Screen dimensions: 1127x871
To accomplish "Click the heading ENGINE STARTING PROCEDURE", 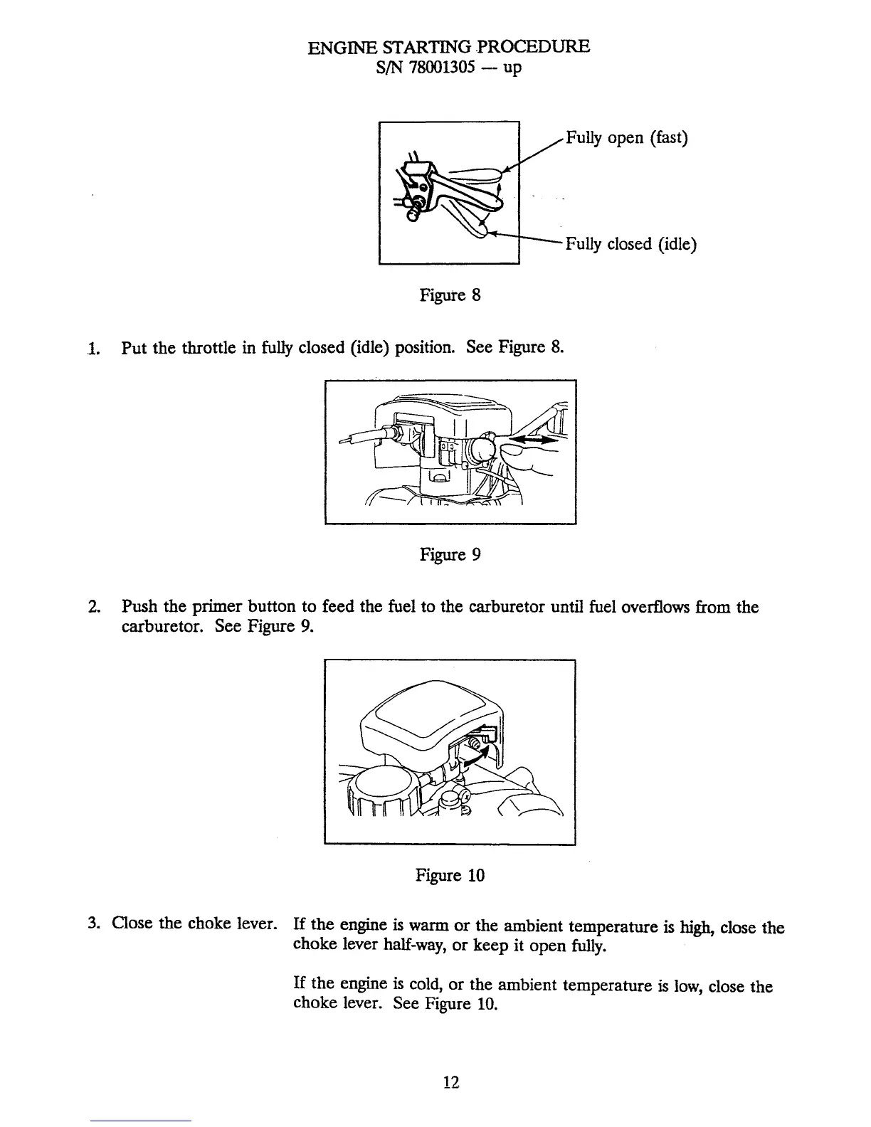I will [448, 48].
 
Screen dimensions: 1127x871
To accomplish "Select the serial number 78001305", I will [441, 68].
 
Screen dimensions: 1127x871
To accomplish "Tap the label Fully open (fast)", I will [626, 137].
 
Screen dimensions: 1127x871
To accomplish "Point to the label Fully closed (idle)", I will [630, 244].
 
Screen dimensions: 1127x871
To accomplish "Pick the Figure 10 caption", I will [450, 875].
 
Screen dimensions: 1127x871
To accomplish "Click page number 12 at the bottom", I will [450, 1082].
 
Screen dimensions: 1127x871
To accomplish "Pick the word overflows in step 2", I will [658, 608].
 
